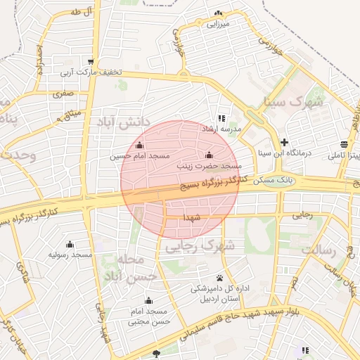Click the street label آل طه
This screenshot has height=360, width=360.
click(x=82, y=13)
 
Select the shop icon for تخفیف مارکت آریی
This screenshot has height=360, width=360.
click(x=90, y=61)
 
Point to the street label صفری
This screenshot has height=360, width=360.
click(x=63, y=93)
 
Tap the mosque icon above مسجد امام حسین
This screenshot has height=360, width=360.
click(x=139, y=146)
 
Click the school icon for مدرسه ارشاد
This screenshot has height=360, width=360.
click(x=221, y=119)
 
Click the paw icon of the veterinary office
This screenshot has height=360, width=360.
click(x=219, y=278)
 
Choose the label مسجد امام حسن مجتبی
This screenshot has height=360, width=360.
click(x=148, y=316)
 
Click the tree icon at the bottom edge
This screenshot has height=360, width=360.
click(x=156, y=354)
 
